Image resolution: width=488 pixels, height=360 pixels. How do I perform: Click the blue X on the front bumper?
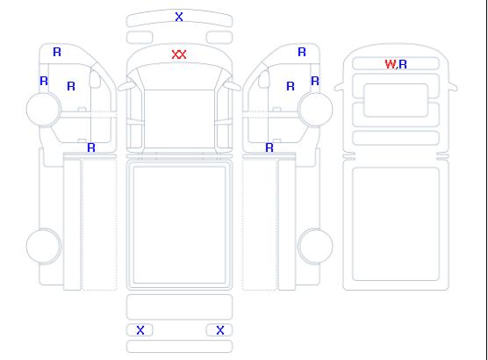coord(179,17)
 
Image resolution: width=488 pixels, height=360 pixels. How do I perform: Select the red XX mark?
coord(179,54)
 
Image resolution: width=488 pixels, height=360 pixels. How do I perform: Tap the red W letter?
coord(391,64)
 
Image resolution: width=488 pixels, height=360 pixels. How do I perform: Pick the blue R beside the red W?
coord(403,64)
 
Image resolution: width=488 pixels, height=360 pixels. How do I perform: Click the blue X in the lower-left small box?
coord(140,330)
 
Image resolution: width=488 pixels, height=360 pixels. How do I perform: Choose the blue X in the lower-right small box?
coord(220,330)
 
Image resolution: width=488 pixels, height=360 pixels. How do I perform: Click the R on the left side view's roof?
coord(57,52)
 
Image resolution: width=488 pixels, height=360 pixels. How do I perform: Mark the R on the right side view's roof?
coord(302,52)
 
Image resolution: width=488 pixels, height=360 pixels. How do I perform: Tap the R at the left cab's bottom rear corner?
coord(91,148)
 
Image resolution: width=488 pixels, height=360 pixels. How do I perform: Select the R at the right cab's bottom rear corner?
coord(269,148)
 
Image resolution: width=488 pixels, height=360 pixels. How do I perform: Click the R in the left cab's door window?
coord(71,86)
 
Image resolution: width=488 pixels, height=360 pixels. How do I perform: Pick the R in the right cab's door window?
coord(291,86)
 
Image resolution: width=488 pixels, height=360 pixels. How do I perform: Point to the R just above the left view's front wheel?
coord(44,81)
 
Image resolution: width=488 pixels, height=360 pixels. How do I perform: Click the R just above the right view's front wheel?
coord(315,81)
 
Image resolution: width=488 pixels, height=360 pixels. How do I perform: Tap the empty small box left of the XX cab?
coord(140,38)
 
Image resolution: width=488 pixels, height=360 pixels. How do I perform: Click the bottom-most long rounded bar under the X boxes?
coord(179,347)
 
